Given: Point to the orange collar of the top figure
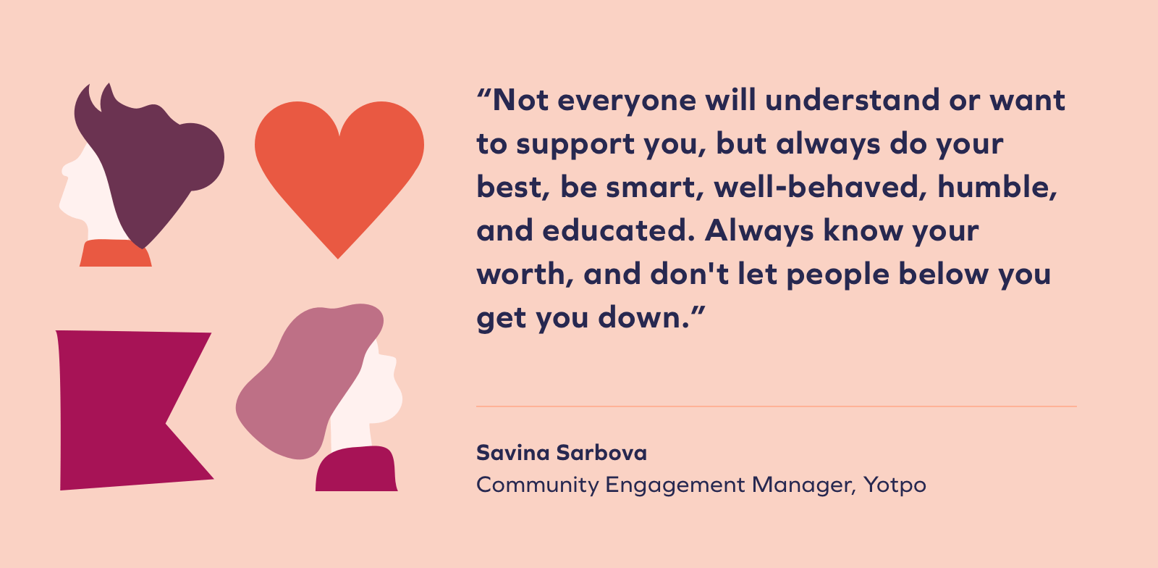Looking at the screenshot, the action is click(x=115, y=254).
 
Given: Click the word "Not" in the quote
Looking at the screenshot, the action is click(x=520, y=100).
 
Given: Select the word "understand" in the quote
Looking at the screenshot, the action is click(x=852, y=100).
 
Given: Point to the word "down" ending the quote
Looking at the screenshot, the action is click(x=643, y=317).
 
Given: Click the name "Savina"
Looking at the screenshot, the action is click(x=513, y=453).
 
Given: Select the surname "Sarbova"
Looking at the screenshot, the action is click(x=601, y=453).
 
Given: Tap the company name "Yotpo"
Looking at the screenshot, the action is click(x=895, y=485).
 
